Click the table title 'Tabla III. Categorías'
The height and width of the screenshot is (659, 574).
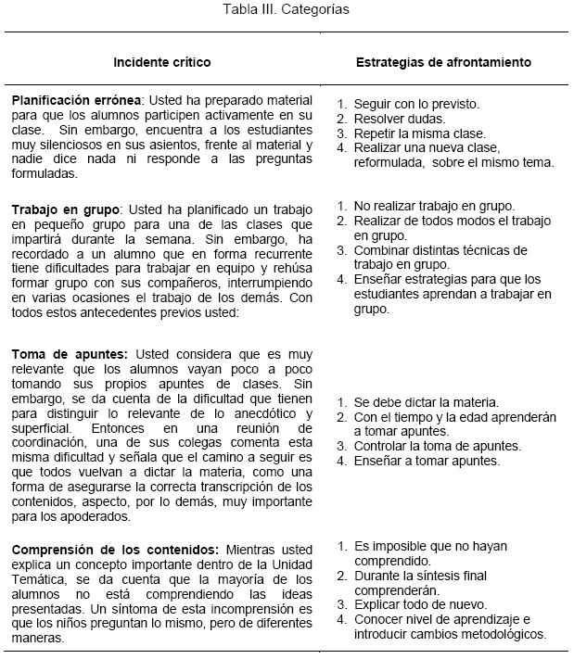pyautogui.click(x=286, y=10)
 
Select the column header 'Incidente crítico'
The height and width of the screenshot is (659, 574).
pyautogui.click(x=162, y=63)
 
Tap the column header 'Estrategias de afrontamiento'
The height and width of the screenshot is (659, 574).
pyautogui.click(x=443, y=63)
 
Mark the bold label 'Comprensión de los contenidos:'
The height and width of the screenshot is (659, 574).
pyautogui.click(x=103, y=549)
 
